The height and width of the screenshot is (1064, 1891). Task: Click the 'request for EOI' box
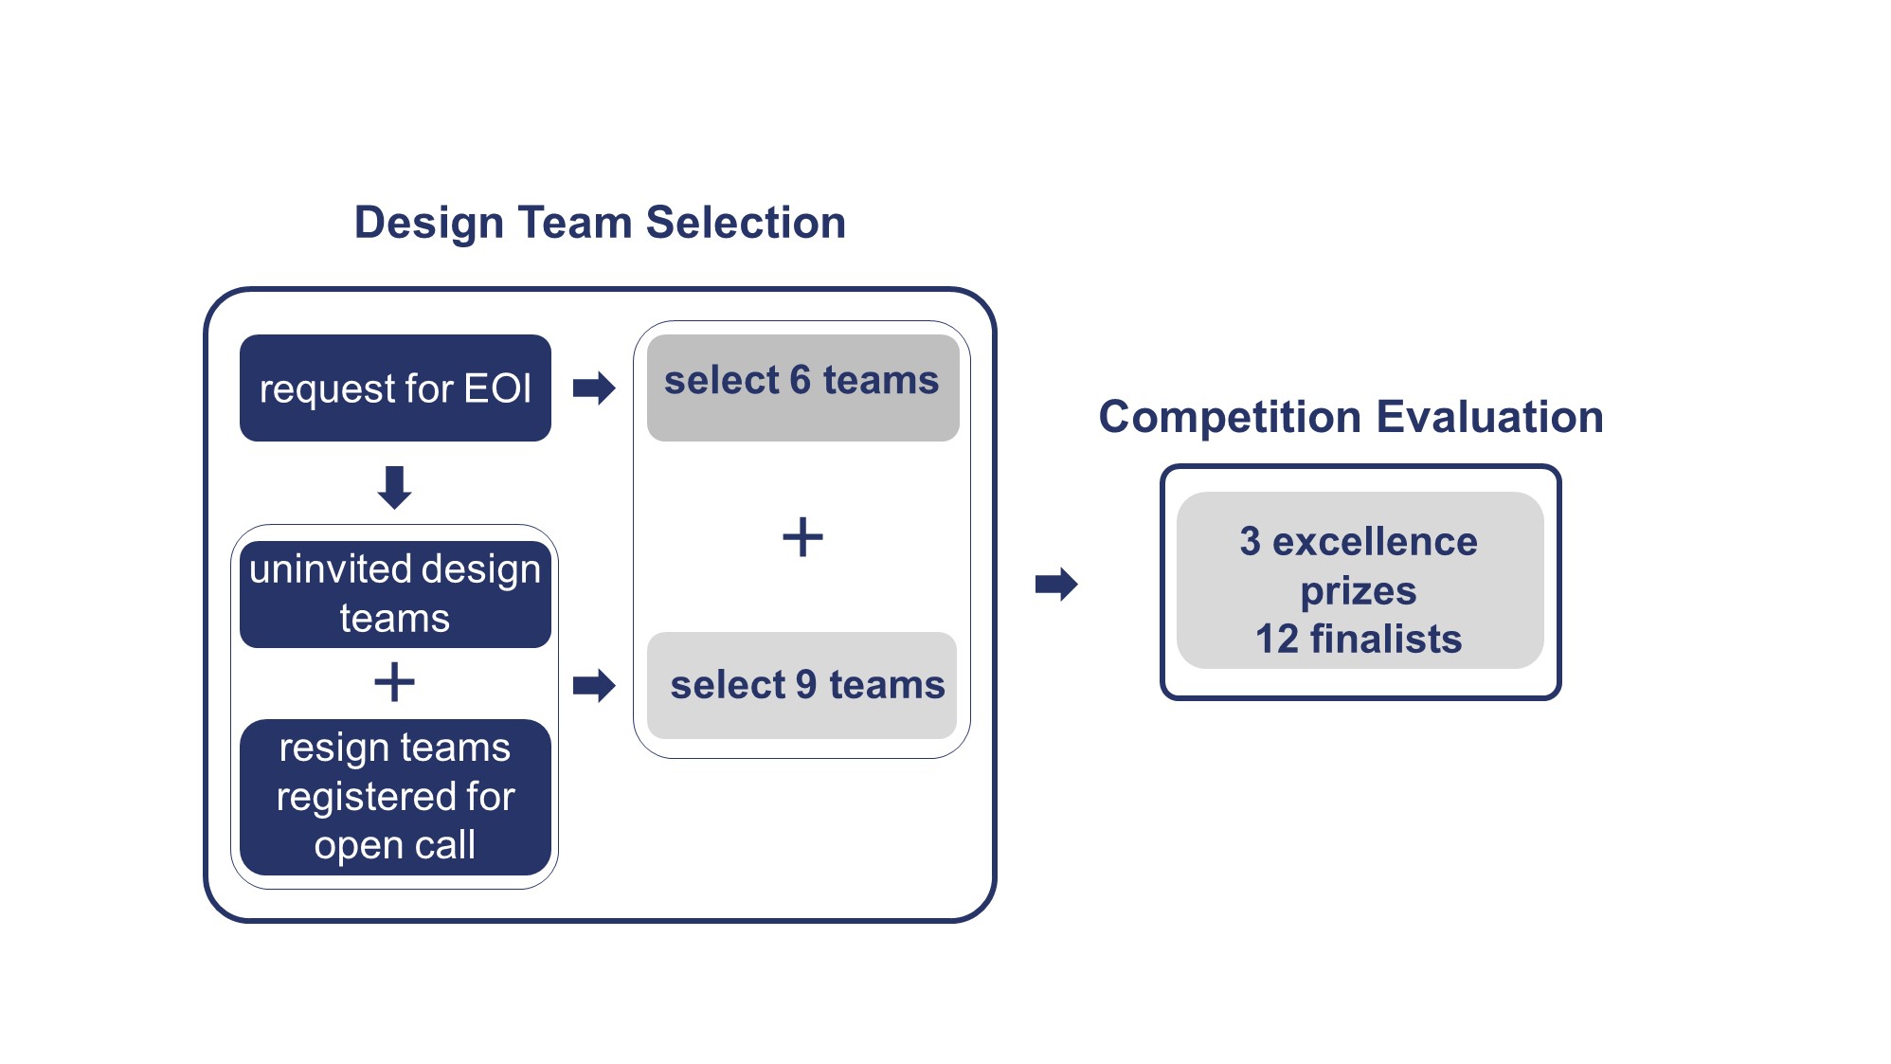tap(395, 388)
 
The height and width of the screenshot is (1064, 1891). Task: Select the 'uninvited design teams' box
tap(395, 594)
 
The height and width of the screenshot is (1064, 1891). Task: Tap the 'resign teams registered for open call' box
tap(395, 797)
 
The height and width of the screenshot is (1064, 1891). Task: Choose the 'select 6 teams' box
tap(802, 388)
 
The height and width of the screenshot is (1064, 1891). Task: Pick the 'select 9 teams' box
tap(801, 685)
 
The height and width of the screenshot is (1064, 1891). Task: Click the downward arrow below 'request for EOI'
tap(394, 487)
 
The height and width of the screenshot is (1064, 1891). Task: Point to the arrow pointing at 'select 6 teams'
tap(594, 388)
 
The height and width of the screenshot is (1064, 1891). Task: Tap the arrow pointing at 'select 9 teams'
tap(594, 685)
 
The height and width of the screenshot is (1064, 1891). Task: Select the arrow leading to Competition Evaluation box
tap(1056, 584)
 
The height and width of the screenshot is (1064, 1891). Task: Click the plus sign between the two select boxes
tap(802, 537)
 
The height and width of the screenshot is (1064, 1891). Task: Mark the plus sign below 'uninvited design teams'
tap(394, 682)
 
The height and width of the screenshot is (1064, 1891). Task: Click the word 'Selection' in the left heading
tap(746, 223)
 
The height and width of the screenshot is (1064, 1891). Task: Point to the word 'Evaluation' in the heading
tap(1489, 417)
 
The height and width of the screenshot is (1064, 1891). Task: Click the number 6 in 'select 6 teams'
tap(801, 380)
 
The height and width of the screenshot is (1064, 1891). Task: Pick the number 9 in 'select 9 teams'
tap(806, 685)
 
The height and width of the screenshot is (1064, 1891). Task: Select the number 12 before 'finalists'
tap(1277, 639)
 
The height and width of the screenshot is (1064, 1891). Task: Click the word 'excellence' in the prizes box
tap(1375, 542)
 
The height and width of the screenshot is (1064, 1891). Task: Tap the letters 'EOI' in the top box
tap(497, 388)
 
